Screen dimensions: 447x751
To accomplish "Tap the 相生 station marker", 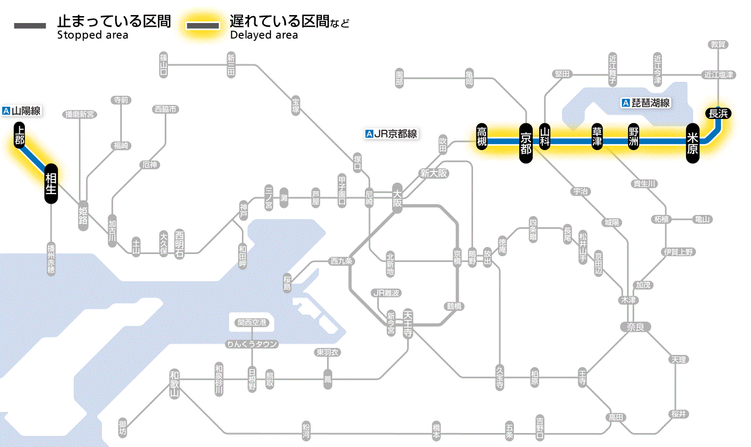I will click(x=51, y=183).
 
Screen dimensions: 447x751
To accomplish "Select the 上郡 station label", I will click(x=20, y=136).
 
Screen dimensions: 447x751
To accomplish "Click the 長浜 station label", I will click(x=717, y=113).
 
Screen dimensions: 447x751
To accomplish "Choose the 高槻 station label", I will click(x=482, y=137).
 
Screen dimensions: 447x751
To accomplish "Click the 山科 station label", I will click(x=545, y=137).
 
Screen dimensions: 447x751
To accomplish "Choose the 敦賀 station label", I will click(x=718, y=44).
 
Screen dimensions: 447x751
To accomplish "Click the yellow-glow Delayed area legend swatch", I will click(x=202, y=26).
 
